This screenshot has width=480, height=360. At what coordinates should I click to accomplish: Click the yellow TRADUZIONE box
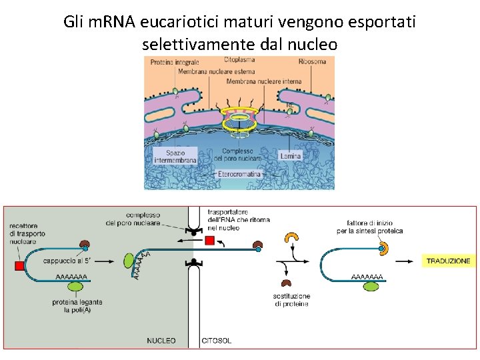click(x=448, y=261)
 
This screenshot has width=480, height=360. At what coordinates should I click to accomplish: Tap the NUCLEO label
click(x=161, y=341)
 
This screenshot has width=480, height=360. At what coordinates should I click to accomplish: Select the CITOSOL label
click(x=217, y=341)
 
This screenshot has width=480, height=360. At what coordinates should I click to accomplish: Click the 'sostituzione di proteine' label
click(x=291, y=300)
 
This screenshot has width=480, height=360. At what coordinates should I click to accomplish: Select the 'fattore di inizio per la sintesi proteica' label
click(x=375, y=227)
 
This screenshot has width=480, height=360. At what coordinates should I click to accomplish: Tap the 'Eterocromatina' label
click(x=241, y=174)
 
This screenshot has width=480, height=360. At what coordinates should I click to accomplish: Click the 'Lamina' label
click(x=291, y=155)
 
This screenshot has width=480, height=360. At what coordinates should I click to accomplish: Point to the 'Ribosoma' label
click(x=312, y=62)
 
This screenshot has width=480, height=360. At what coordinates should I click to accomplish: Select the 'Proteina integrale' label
click(x=175, y=63)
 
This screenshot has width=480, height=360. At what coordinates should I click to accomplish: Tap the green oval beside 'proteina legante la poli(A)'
click(x=77, y=287)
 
